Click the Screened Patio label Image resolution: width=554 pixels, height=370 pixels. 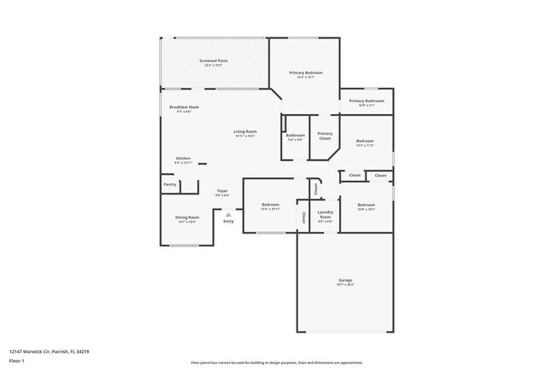click(x=213, y=61)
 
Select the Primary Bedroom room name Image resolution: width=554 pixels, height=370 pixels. click(x=305, y=73)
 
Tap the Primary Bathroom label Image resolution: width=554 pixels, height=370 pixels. click(x=366, y=101)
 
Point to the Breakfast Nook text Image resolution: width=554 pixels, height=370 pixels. click(x=183, y=107)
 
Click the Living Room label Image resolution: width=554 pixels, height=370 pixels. click(x=245, y=131)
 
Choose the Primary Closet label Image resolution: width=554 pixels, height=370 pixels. click(x=325, y=135)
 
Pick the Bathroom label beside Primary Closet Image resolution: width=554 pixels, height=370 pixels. click(x=296, y=136)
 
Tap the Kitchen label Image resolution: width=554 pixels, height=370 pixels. click(x=183, y=158)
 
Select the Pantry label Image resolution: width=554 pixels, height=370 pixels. click(x=169, y=183)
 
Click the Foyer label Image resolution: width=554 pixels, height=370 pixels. click(x=222, y=191)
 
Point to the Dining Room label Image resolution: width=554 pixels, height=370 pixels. click(x=188, y=217)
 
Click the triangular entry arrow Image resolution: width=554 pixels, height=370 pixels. click(x=228, y=213)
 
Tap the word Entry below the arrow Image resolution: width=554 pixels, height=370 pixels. click(x=228, y=222)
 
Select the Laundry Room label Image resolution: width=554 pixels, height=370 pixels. click(x=325, y=214)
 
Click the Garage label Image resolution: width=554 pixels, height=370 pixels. click(x=345, y=280)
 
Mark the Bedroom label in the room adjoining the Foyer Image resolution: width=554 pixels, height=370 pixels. click(x=270, y=205)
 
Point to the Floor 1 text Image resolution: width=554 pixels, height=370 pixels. click(x=17, y=361)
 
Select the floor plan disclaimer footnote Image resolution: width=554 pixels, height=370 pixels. click(x=276, y=361)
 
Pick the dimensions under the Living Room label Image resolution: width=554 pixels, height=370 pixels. click(x=245, y=136)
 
